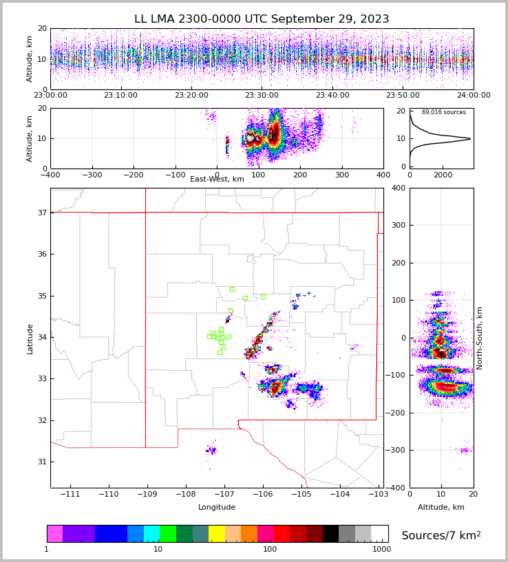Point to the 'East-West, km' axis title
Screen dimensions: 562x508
(217, 180)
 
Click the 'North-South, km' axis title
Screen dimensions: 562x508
(479, 338)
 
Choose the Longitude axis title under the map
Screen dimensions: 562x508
(217, 507)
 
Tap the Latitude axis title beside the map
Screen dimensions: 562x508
(30, 338)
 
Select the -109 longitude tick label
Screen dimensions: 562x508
(145, 494)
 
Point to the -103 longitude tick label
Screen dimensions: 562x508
(378, 494)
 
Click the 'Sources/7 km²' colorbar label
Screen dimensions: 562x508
(441, 535)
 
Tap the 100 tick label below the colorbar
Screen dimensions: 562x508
(270, 549)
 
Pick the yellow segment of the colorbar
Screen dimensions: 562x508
(217, 534)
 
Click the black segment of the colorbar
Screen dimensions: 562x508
(330, 534)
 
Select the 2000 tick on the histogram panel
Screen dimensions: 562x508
(443, 175)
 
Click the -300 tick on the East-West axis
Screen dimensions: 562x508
(92, 175)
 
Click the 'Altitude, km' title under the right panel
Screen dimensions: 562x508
(441, 507)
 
